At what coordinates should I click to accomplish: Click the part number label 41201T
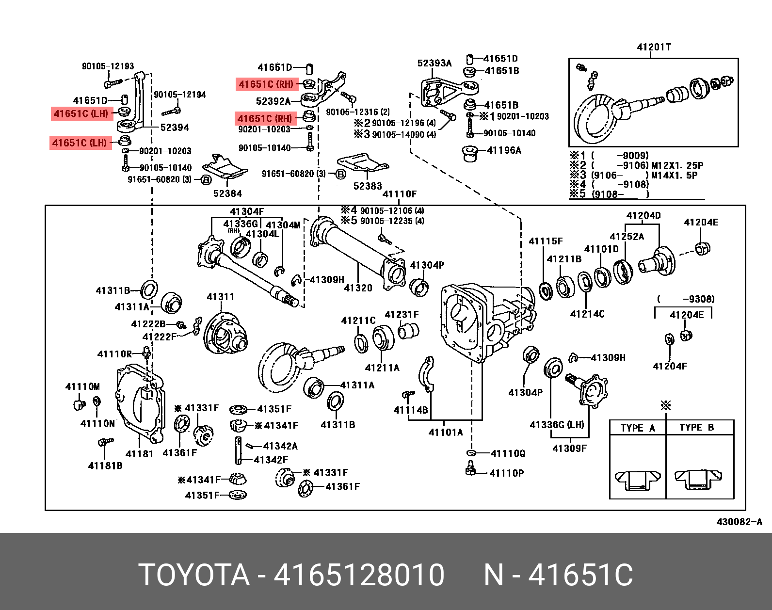(654, 47)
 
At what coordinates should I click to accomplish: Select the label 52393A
(434, 63)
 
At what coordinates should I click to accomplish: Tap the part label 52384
(227, 193)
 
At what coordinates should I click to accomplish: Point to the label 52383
(368, 186)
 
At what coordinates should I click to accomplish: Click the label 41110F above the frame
(400, 194)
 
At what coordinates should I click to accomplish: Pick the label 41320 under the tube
(358, 288)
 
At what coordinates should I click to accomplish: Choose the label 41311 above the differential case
(221, 297)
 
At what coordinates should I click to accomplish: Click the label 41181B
(105, 466)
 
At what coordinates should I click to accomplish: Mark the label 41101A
(446, 432)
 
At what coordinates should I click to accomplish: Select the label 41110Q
(508, 453)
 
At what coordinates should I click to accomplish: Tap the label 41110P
(506, 473)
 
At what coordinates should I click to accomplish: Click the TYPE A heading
(638, 428)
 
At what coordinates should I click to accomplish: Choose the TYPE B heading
(696, 427)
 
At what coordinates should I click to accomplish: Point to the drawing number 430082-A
(739, 522)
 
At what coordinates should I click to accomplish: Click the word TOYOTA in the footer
(194, 575)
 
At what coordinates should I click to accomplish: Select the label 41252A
(627, 237)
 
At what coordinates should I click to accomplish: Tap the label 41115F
(546, 241)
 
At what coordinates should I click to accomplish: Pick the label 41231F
(402, 315)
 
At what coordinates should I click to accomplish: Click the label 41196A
(504, 150)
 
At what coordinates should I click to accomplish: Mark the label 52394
(175, 128)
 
